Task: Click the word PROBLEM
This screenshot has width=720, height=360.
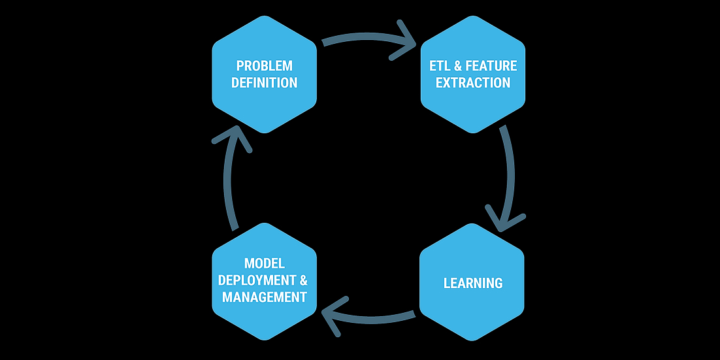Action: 264,66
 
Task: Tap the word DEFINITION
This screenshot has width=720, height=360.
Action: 264,83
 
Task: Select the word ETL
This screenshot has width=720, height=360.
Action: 440,66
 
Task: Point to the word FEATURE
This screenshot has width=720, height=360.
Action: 491,66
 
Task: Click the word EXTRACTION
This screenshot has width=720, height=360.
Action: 473,83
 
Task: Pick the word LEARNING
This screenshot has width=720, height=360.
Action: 473,283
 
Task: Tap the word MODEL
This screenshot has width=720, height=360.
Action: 264,263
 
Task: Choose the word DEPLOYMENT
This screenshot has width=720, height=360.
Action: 257,280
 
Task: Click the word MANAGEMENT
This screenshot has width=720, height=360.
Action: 264,297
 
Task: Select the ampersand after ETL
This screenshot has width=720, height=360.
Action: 458,66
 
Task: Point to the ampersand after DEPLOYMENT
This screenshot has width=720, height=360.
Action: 304,280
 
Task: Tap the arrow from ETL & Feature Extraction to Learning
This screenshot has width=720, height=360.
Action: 509,177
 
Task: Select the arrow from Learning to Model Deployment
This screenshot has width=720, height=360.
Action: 367,318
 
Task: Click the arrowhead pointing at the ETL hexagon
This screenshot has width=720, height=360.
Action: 404,41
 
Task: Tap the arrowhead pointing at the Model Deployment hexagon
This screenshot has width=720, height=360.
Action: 333,316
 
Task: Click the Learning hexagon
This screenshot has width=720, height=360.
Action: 472,282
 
